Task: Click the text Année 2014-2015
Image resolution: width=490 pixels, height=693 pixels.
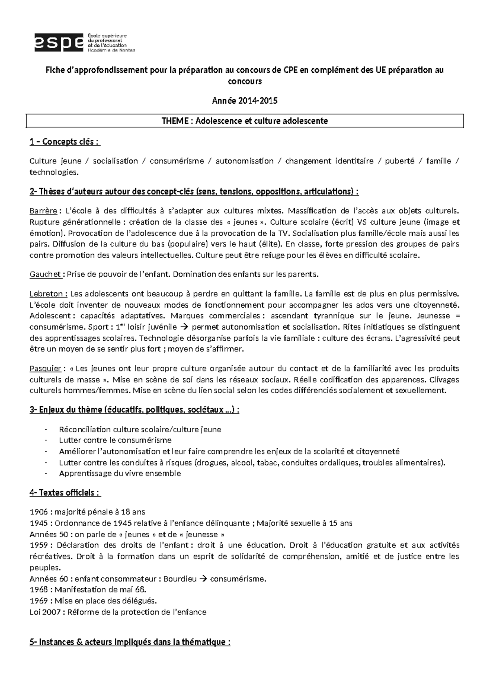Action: pyautogui.click(x=245, y=101)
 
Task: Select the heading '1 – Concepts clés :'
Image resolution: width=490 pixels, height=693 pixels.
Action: pyautogui.click(x=65, y=142)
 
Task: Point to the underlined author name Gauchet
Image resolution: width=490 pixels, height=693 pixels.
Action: pyautogui.click(x=45, y=274)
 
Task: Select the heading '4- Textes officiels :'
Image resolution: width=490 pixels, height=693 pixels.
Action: pyautogui.click(x=65, y=492)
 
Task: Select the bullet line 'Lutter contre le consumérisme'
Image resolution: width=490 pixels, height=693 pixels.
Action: pyautogui.click(x=115, y=440)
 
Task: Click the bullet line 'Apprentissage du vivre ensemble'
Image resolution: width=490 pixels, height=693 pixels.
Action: pyautogui.click(x=120, y=474)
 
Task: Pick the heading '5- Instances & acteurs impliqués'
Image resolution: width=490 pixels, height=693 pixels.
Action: pyautogui.click(x=130, y=642)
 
